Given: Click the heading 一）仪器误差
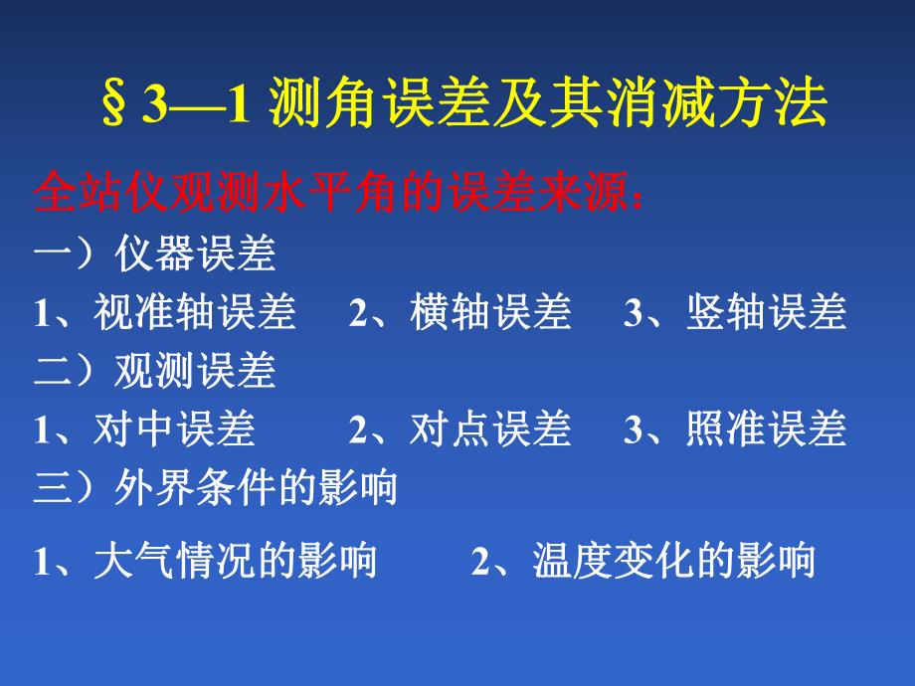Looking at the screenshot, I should tap(154, 256).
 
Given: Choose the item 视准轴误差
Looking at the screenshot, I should tap(195, 313).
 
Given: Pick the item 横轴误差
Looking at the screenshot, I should tap(490, 313).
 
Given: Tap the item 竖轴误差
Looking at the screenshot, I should tap(766, 313).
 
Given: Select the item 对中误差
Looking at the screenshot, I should tap(174, 429).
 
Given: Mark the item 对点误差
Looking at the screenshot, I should tap(490, 429).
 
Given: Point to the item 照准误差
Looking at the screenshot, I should tap(766, 429).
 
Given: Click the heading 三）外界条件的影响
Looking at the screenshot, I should tap(215, 488).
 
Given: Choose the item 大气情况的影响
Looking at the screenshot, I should tap(235, 562).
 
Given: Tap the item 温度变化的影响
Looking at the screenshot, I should tap(673, 562).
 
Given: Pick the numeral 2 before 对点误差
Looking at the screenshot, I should tap(357, 430).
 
